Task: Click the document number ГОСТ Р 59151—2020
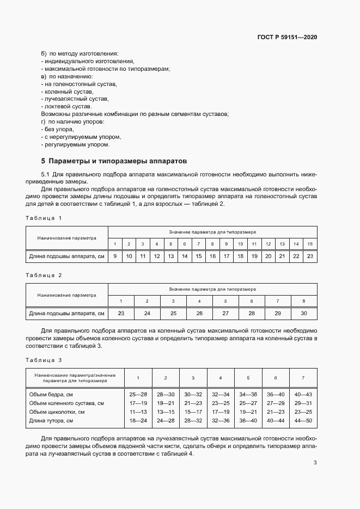click(287, 38)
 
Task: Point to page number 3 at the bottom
click(315, 463)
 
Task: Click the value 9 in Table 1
click(115, 256)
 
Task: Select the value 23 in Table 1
click(310, 256)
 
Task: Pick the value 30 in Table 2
click(303, 314)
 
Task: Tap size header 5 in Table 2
click(225, 301)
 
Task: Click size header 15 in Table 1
click(310, 243)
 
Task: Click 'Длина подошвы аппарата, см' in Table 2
click(66, 314)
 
